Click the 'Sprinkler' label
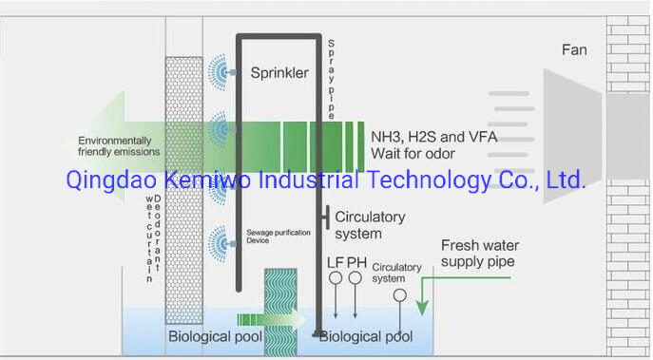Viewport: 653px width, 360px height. tap(279, 73)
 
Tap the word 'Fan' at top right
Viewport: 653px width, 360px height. tap(574, 48)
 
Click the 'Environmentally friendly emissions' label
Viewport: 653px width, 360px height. tap(119, 146)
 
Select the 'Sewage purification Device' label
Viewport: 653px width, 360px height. tap(272, 237)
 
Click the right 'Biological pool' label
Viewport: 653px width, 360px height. tap(366, 336)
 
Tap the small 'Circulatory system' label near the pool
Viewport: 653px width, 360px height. tap(395, 273)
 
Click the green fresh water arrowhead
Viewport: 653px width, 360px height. tap(421, 309)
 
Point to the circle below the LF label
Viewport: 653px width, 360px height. tap(335, 278)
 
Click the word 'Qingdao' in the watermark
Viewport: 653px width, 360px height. tap(104, 180)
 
